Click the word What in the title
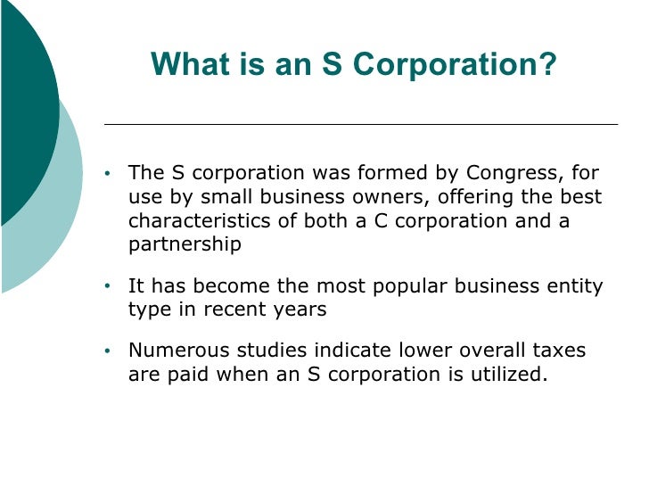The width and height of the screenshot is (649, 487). [185, 64]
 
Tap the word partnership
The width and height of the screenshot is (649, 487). [185, 244]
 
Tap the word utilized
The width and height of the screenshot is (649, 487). [502, 375]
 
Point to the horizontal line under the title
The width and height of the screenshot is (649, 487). [361, 124]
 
